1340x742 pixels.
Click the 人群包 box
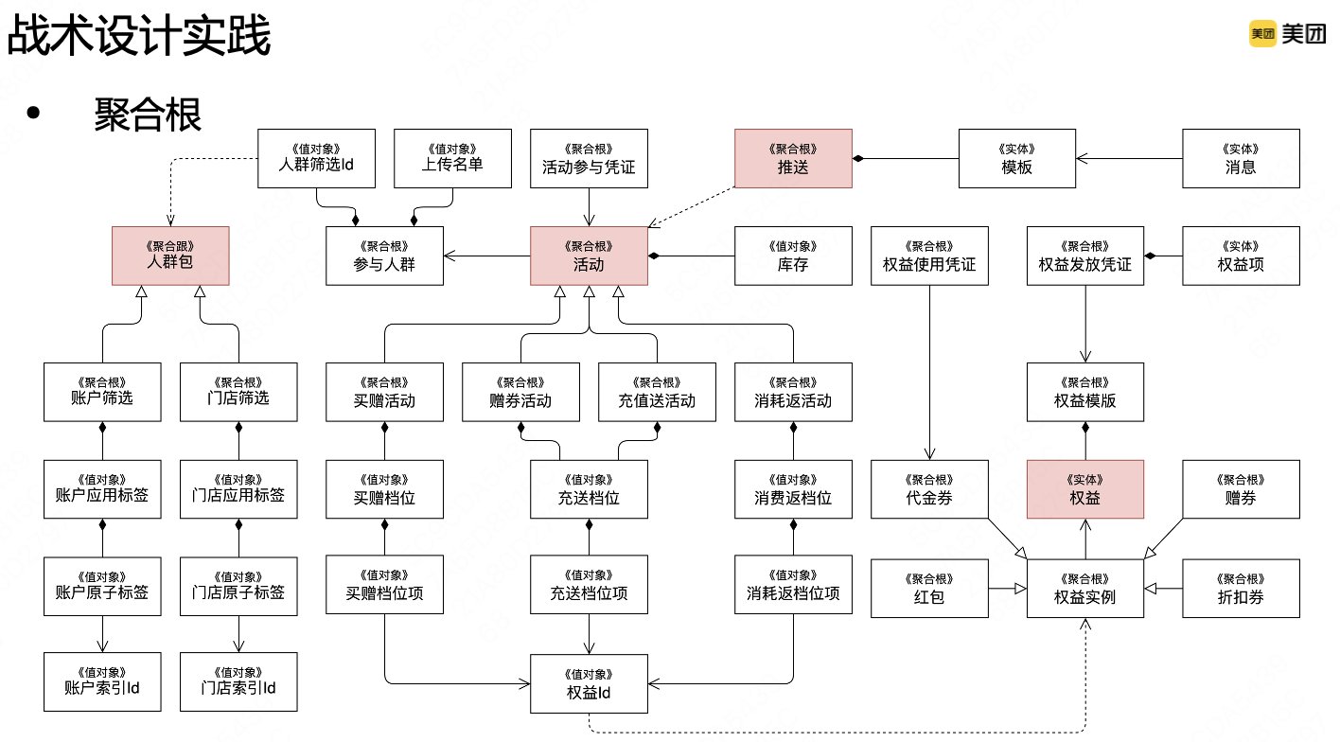[170, 256]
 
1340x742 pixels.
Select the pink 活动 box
[589, 256]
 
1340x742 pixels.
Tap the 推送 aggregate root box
[793, 158]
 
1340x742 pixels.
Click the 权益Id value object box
[589, 684]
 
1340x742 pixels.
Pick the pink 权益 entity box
[1085, 488]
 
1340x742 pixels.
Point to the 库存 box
[793, 256]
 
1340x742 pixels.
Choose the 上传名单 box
[452, 158]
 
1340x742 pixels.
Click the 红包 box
[929, 588]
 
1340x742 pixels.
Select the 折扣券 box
[1241, 588]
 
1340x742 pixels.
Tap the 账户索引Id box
[102, 681]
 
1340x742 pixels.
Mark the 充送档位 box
[589, 488]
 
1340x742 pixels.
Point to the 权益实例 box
[1085, 588]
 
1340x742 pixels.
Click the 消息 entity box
[1241, 158]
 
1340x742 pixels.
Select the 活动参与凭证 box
[589, 158]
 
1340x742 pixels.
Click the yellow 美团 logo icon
[1262, 34]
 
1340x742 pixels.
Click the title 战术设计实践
[139, 36]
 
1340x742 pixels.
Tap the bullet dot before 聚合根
[35, 114]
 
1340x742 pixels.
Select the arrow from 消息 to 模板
[1130, 158]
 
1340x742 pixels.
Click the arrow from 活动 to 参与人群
[486, 256]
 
